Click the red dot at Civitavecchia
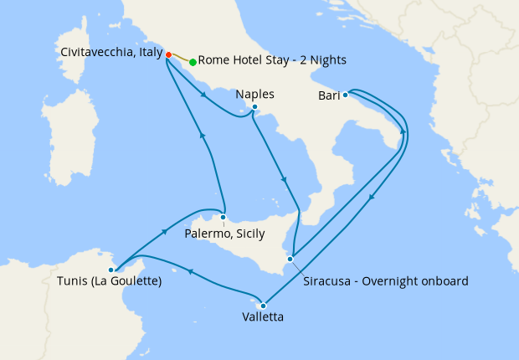tap(168, 54)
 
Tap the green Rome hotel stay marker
tap(193, 62)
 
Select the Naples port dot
tap(254, 107)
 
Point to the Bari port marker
tap(345, 95)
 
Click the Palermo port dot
tap(223, 218)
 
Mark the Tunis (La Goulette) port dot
tap(116, 269)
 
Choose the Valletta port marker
tap(263, 305)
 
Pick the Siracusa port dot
tap(290, 259)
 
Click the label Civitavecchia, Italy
tap(111, 52)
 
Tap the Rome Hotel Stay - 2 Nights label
tap(272, 61)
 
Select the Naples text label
tap(255, 94)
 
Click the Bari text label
tap(328, 96)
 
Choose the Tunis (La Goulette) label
tap(110, 281)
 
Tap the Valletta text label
tap(262, 318)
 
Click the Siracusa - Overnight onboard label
tap(386, 280)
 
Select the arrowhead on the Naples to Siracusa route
tap(285, 180)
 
